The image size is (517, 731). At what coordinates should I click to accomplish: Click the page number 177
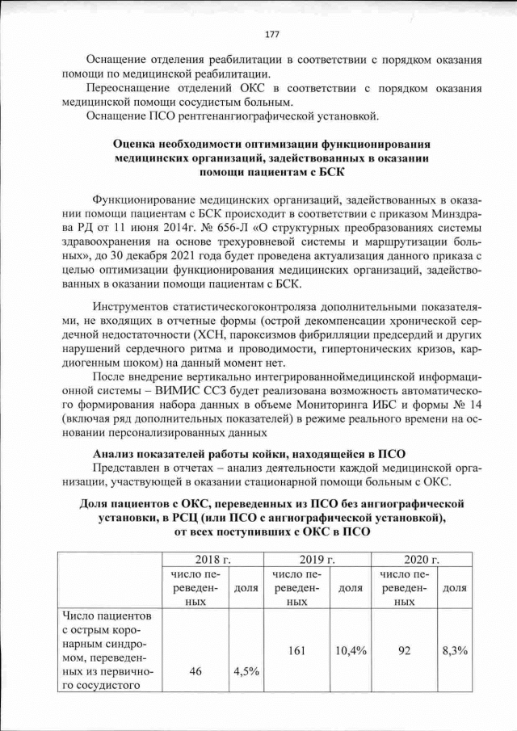coord(271,34)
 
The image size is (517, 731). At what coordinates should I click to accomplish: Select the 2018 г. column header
coord(213,559)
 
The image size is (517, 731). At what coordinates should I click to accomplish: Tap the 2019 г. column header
coord(317,559)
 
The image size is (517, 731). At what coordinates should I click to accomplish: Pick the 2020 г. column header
coord(421,559)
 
